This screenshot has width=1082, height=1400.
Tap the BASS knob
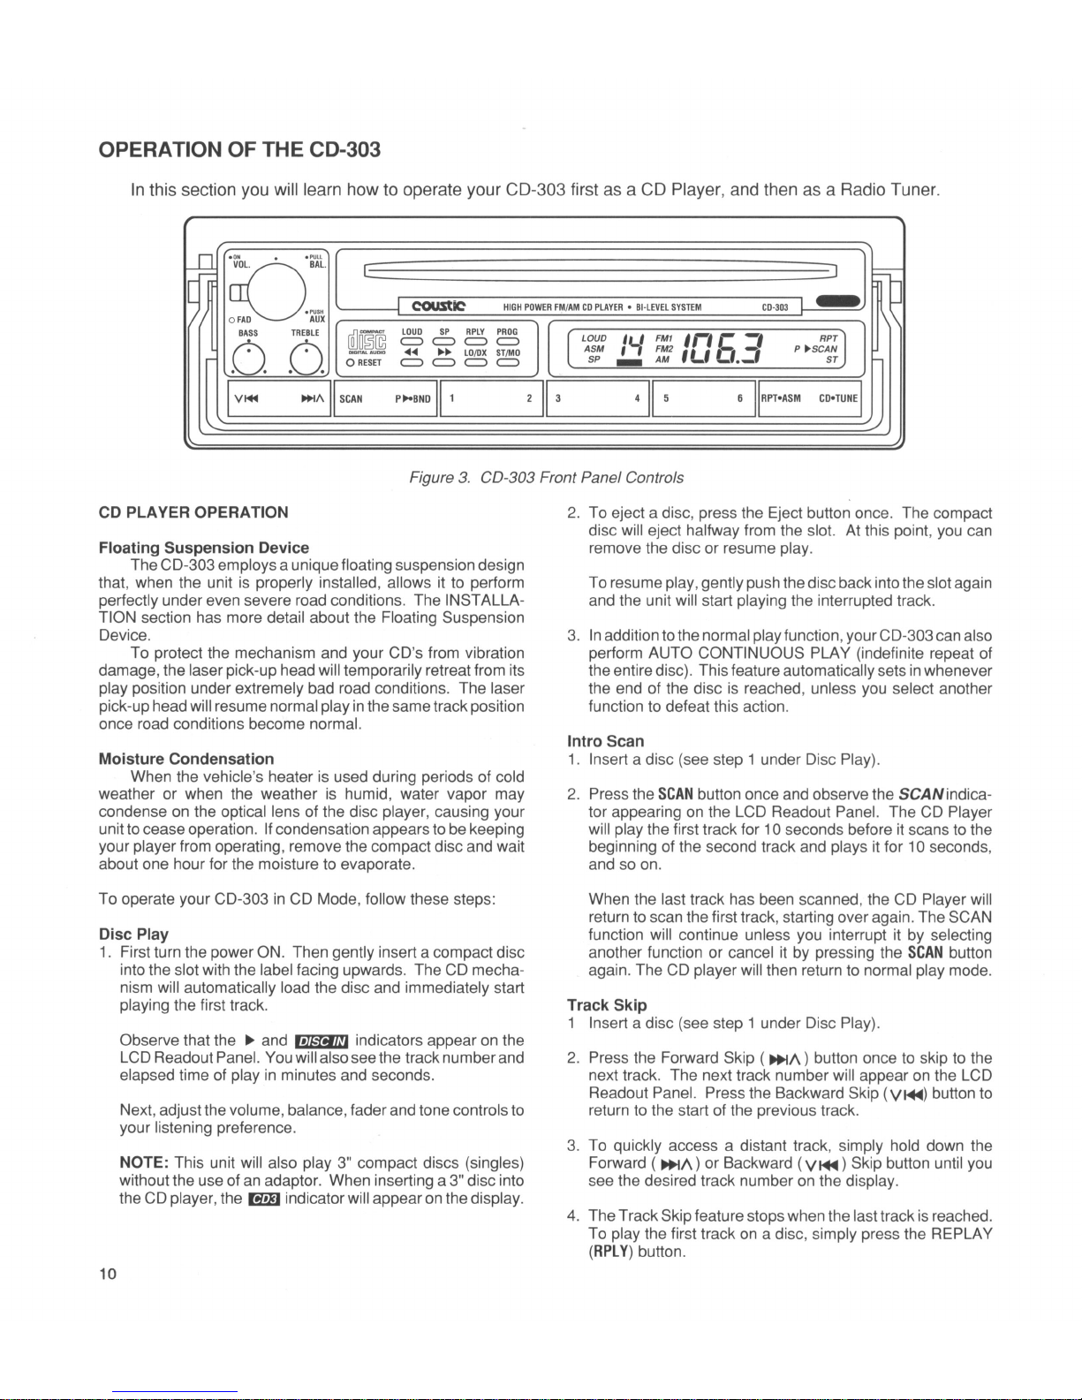point(248,357)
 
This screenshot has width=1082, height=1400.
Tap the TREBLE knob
point(304,357)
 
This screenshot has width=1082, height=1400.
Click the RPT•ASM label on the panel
point(781,398)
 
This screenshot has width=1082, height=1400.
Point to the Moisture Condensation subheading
point(185,759)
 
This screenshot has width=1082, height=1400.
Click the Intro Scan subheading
point(605,740)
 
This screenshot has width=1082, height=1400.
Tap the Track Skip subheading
point(607,1004)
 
